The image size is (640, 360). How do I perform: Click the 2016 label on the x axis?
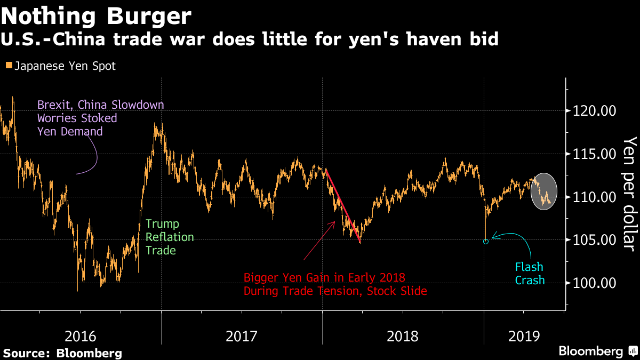pos(81,337)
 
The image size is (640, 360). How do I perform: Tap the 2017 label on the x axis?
pos(242,337)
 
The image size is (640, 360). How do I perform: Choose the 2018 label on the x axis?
pos(403,337)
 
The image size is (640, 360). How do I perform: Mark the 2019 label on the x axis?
pos(525,337)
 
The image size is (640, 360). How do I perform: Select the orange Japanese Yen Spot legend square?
pos(9,66)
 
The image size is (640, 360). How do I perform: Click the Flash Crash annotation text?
pos(530,273)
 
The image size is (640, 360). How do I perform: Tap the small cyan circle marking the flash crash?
pos(485,242)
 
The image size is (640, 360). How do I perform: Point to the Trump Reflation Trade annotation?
pos(162,237)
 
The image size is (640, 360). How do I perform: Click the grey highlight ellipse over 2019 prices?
pos(544,191)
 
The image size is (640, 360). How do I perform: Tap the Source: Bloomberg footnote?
pos(62,353)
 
